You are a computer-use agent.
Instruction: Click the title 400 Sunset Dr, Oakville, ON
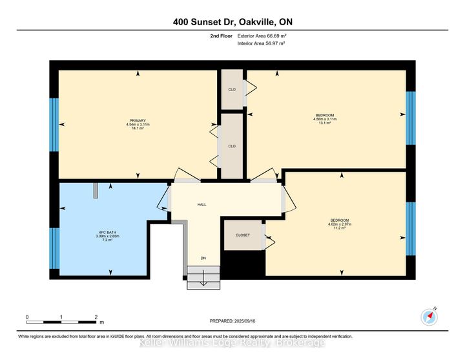click(x=232, y=23)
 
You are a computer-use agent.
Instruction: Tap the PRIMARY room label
click(x=138, y=121)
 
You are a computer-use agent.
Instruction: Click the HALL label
click(x=201, y=205)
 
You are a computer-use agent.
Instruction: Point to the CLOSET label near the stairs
click(x=241, y=237)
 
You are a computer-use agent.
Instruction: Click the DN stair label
click(x=202, y=259)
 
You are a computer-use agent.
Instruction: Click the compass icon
click(x=429, y=316)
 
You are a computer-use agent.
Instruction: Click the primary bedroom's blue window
click(x=54, y=124)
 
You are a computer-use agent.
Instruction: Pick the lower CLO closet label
click(x=231, y=146)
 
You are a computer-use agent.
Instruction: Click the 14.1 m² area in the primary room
click(x=138, y=128)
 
